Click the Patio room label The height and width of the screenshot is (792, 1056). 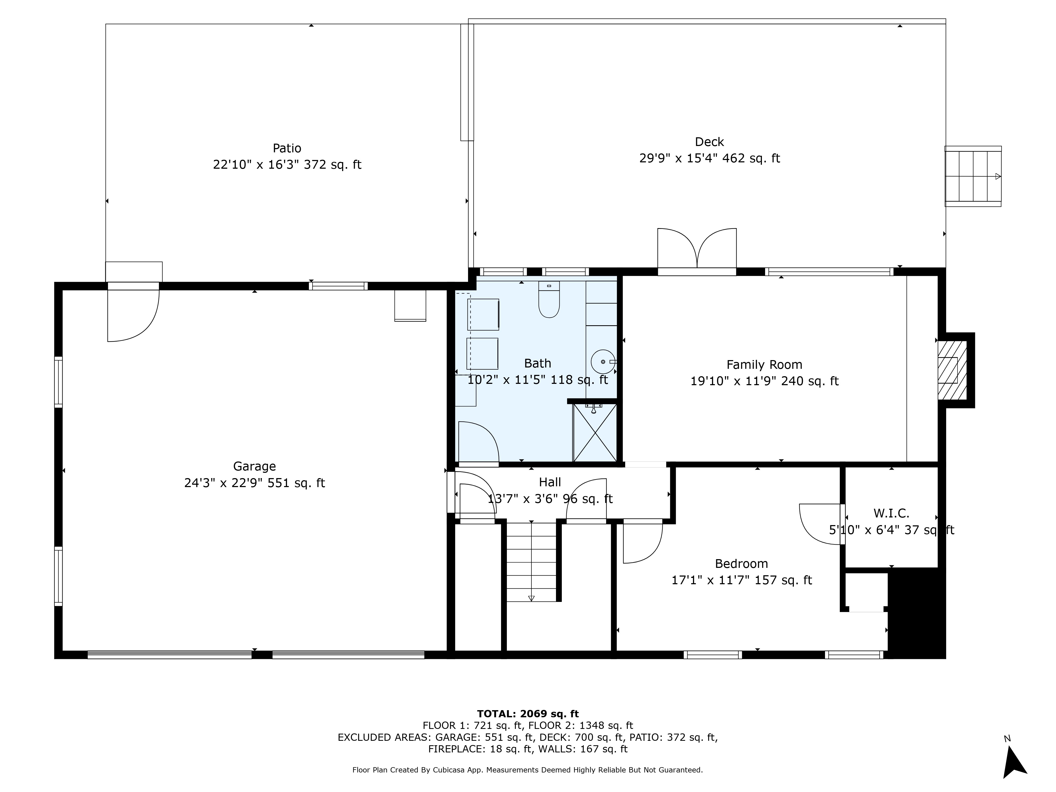(287, 148)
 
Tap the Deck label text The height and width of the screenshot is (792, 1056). (709, 142)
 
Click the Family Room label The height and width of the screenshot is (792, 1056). (764, 365)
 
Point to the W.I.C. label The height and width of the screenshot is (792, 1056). (891, 513)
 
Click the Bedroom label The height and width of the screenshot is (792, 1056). (741, 564)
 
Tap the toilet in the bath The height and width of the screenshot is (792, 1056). (549, 299)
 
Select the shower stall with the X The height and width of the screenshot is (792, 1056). (594, 432)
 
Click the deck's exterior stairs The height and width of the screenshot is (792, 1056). (973, 176)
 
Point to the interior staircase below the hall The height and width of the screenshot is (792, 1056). (531, 562)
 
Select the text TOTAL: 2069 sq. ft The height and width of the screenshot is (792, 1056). (528, 714)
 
